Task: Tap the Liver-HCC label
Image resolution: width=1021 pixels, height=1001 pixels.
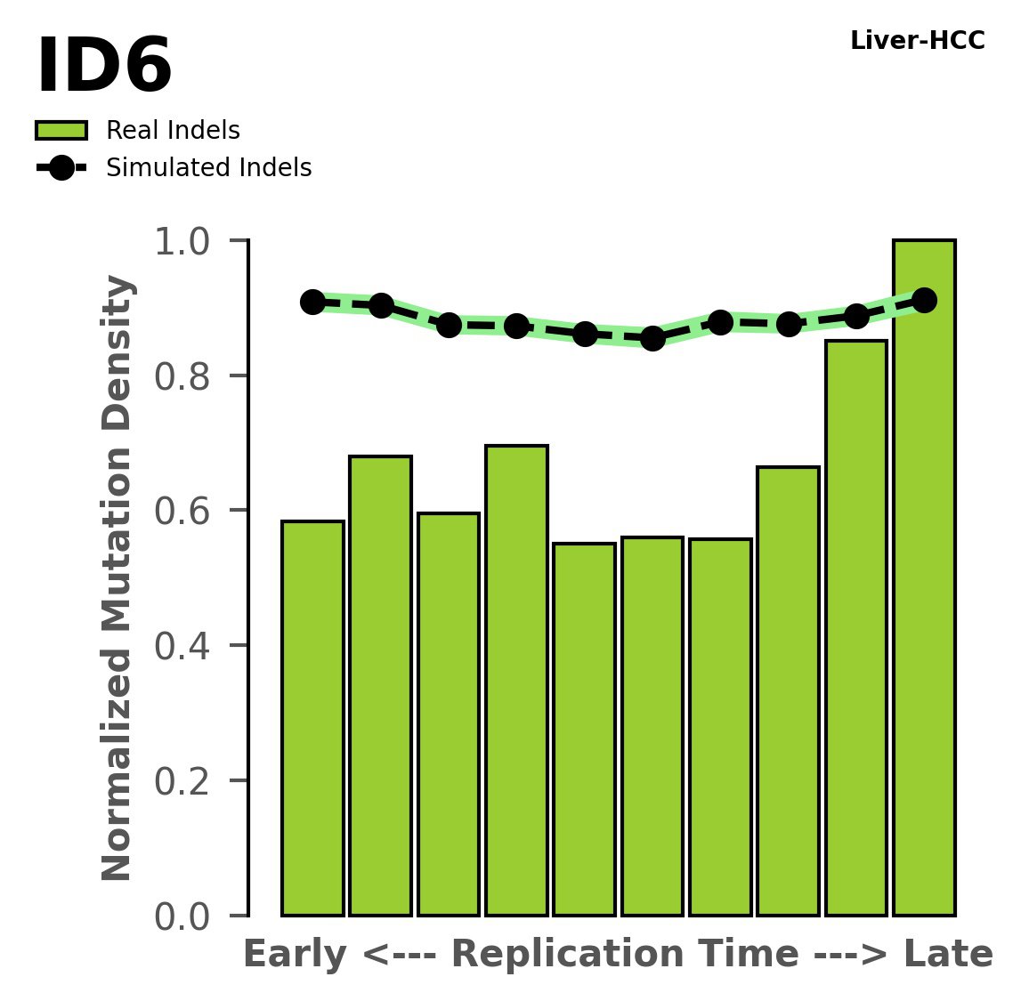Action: click(917, 41)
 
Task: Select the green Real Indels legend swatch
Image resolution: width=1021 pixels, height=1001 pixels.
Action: click(61, 131)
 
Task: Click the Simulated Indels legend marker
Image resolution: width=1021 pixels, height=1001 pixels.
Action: click(61, 168)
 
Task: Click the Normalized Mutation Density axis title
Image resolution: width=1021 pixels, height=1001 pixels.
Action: click(118, 578)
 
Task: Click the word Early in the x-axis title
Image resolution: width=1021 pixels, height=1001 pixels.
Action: click(295, 956)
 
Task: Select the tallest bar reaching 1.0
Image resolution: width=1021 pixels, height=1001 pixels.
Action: click(924, 578)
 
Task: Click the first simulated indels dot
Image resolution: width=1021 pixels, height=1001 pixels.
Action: click(312, 302)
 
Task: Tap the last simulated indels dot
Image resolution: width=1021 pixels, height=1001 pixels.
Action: click(924, 300)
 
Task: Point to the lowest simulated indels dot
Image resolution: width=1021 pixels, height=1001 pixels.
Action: click(652, 338)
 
